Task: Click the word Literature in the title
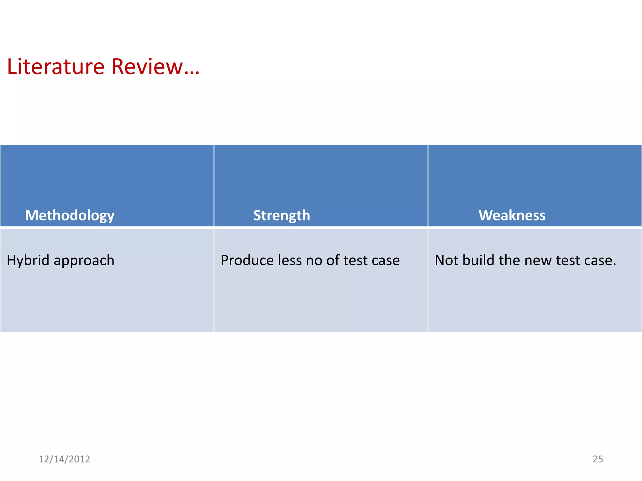pyautogui.click(x=56, y=67)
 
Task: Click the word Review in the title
pyautogui.click(x=147, y=67)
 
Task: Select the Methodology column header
pyautogui.click(x=70, y=215)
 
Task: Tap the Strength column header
pyautogui.click(x=282, y=215)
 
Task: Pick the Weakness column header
pyautogui.click(x=512, y=215)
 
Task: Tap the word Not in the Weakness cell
pyautogui.click(x=446, y=261)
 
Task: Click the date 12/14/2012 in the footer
pyautogui.click(x=64, y=459)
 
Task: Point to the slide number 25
pyautogui.click(x=597, y=459)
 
